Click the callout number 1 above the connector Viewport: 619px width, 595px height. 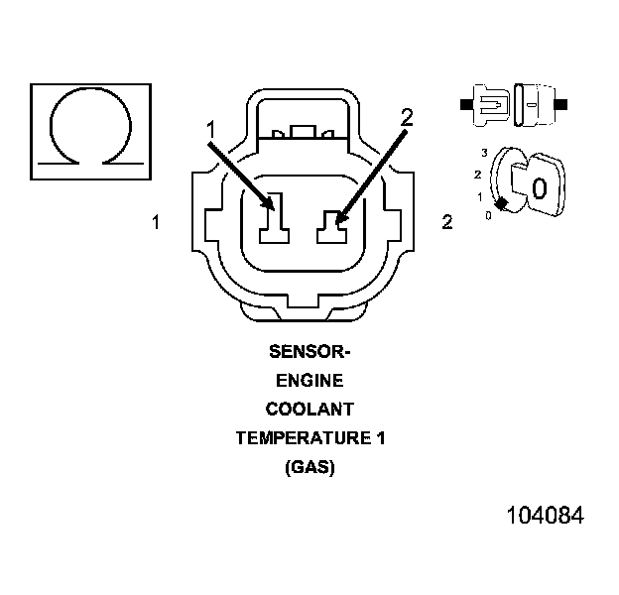click(x=210, y=128)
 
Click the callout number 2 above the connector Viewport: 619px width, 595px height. click(x=405, y=117)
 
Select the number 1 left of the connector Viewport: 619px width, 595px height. click(x=156, y=222)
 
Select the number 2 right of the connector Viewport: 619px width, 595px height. click(x=447, y=222)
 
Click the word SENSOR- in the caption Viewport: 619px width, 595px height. click(x=309, y=351)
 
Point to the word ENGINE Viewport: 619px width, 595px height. click(x=309, y=380)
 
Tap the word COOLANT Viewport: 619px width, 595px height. click(x=309, y=409)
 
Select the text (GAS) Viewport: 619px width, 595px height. click(x=309, y=466)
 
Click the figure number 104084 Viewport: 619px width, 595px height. click(x=545, y=516)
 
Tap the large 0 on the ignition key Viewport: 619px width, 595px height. click(x=539, y=188)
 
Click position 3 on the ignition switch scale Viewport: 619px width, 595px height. click(x=483, y=153)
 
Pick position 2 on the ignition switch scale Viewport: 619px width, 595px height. click(x=477, y=175)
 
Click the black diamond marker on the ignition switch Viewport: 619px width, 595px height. click(x=502, y=203)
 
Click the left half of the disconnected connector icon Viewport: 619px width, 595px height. click(x=489, y=103)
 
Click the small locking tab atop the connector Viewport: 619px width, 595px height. click(x=304, y=131)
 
